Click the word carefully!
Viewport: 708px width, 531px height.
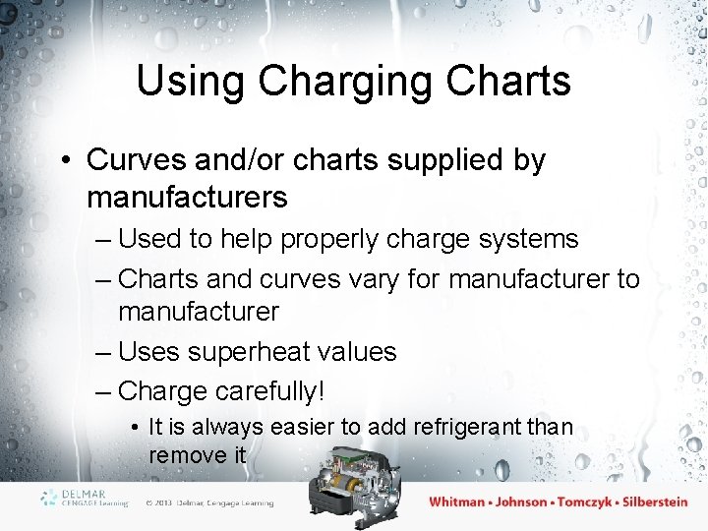263,391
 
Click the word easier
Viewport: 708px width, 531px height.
283,427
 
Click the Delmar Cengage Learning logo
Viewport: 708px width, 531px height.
85,498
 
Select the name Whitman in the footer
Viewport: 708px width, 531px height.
457,501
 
